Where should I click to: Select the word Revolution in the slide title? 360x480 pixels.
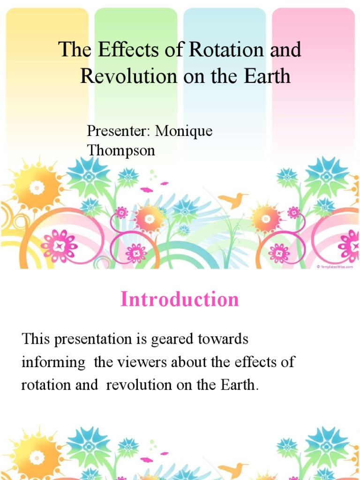(x=128, y=76)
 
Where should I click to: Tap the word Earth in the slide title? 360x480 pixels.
(x=266, y=76)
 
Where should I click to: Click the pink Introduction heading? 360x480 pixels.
(x=180, y=299)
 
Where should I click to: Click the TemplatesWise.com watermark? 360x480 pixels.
(x=334, y=266)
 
